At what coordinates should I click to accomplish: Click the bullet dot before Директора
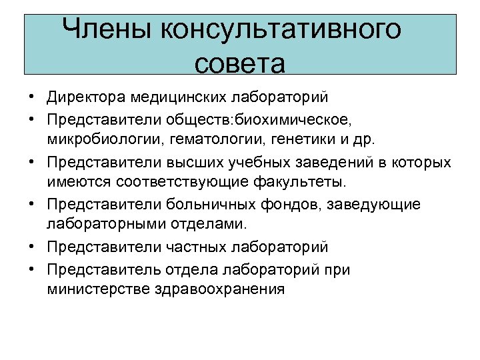click(x=32, y=98)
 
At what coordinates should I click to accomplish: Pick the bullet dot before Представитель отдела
click(x=32, y=270)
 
